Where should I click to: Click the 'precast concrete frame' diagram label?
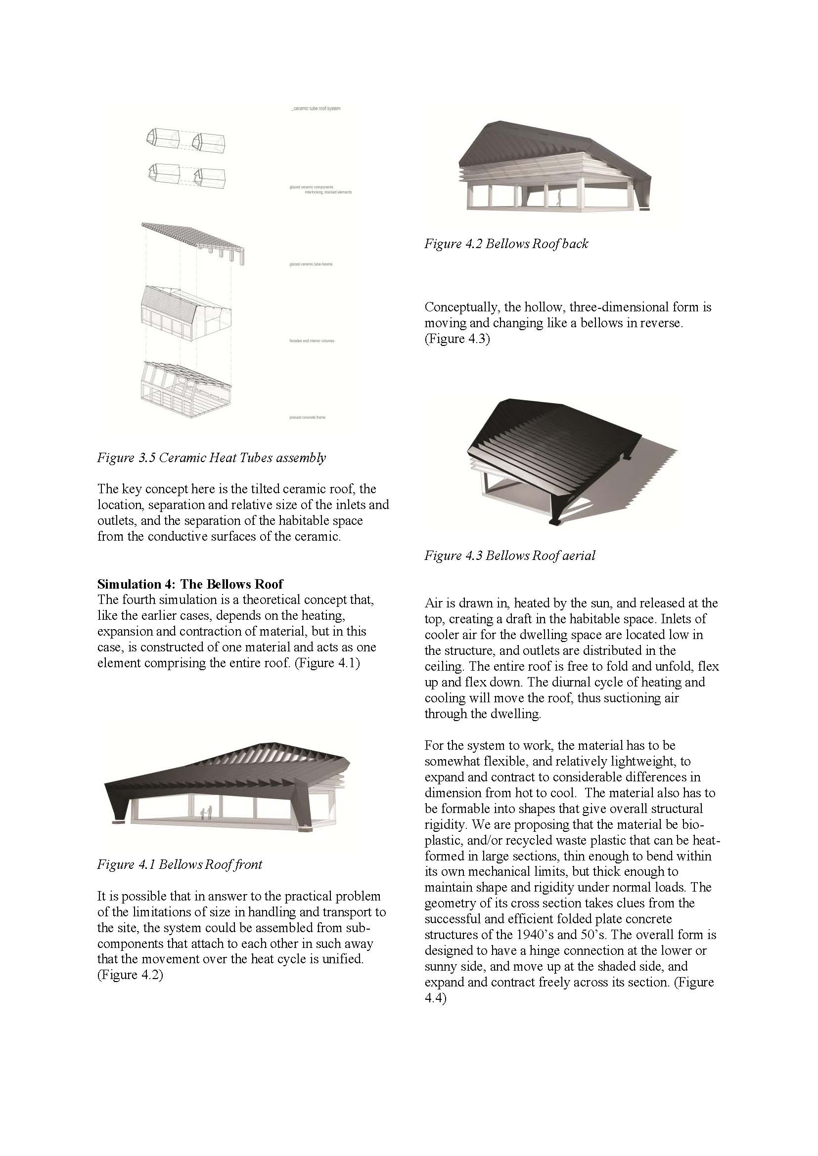tap(307, 418)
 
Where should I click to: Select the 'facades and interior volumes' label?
tap(312, 341)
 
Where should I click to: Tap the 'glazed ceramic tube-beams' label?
tap(311, 264)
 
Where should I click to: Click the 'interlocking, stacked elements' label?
tap(328, 192)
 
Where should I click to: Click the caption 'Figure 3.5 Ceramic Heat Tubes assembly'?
tap(212, 458)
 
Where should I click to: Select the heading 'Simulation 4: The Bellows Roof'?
tap(190, 584)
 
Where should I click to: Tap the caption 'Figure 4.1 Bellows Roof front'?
tap(180, 864)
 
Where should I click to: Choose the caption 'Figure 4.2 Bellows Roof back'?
tap(506, 244)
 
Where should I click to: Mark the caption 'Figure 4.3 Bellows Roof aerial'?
tap(510, 556)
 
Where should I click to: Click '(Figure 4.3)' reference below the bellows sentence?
tap(457, 339)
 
